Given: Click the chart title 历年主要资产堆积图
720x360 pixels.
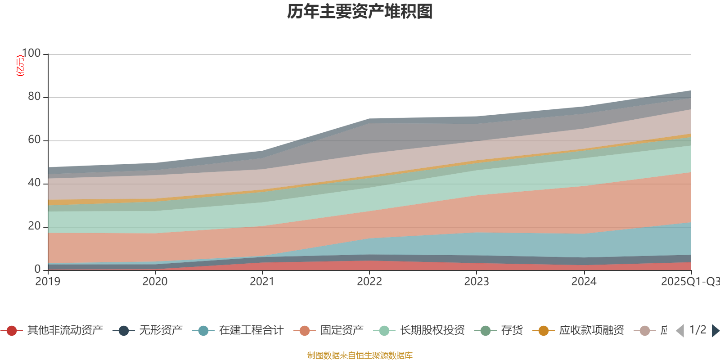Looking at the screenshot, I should (x=360, y=12).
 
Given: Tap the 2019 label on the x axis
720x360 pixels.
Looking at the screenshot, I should (x=48, y=282).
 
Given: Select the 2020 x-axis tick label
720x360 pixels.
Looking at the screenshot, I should (x=155, y=282).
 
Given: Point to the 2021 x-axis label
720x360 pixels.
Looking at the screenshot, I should (x=262, y=282).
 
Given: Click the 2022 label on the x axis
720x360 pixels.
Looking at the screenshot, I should (x=369, y=282).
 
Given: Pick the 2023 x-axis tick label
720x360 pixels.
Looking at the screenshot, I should (x=477, y=282).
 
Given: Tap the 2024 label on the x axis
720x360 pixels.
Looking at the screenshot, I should (x=584, y=282).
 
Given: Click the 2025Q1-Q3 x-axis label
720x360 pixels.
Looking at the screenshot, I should (x=689, y=282).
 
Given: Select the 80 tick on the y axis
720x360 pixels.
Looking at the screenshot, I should (x=34, y=97).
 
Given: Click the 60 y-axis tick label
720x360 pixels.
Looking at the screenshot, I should (x=34, y=140).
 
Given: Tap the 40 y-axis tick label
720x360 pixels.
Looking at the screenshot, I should (x=34, y=183).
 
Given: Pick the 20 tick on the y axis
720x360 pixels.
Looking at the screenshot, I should (x=34, y=226).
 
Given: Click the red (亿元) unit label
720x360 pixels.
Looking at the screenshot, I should (x=20, y=66).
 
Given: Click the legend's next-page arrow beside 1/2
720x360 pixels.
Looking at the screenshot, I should (x=715, y=331).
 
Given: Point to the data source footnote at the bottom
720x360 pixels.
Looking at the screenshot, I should (x=360, y=355).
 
